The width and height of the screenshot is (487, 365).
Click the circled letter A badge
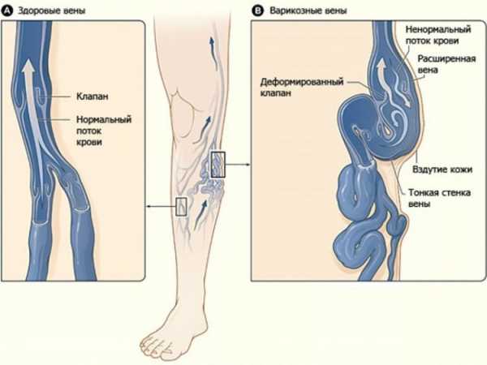tap(6, 9)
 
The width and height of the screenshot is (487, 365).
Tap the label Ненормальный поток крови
tap(441, 33)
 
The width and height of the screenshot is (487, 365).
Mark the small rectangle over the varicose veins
tap(217, 165)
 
